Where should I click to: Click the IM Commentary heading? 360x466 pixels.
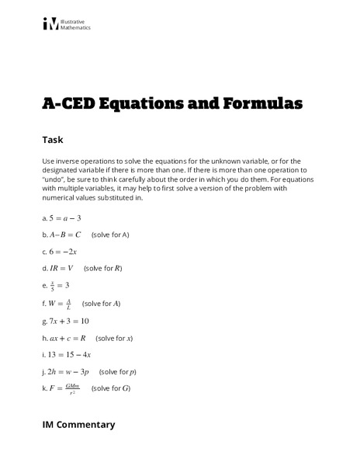tap(78, 425)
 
